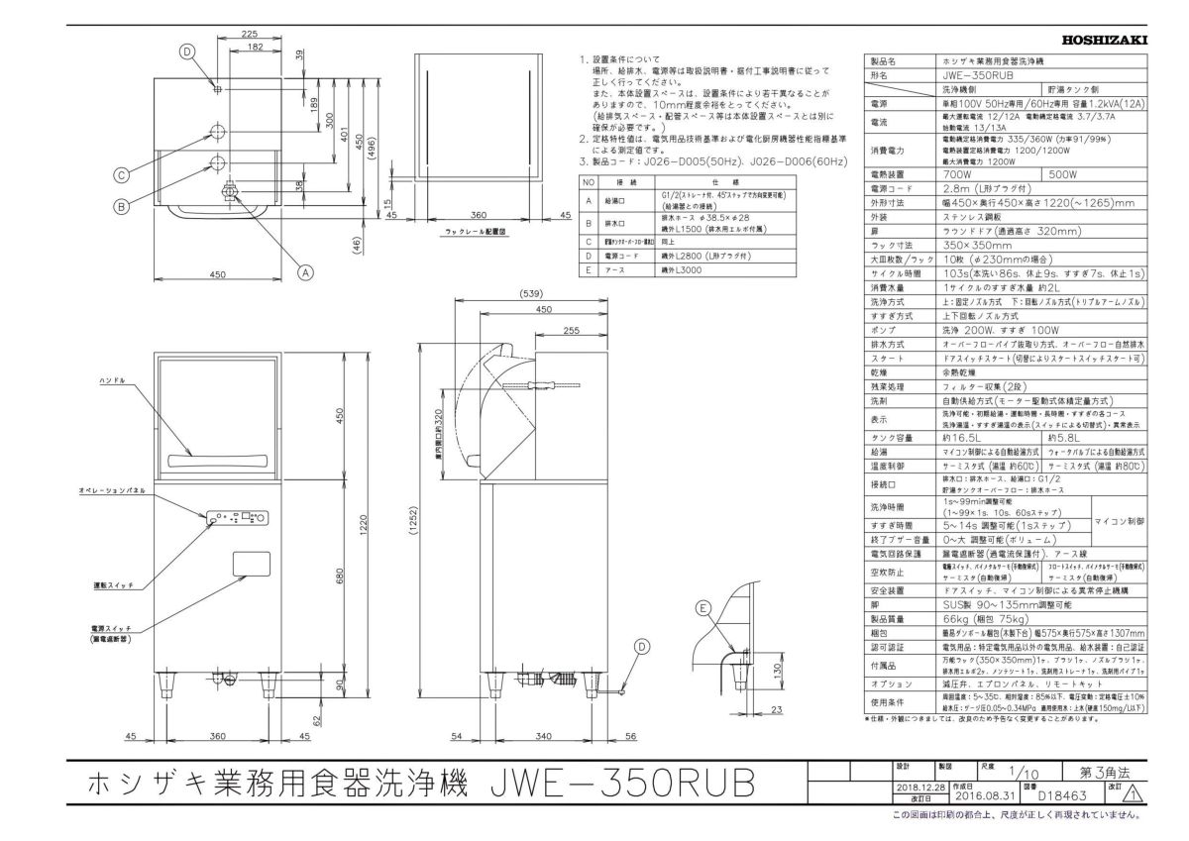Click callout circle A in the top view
click(x=305, y=269)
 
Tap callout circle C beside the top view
click(x=120, y=175)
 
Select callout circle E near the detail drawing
click(x=703, y=608)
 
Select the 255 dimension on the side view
click(x=570, y=331)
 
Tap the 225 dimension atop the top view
click(x=251, y=33)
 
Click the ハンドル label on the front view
click(x=111, y=380)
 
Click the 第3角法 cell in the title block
click(x=1104, y=770)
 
